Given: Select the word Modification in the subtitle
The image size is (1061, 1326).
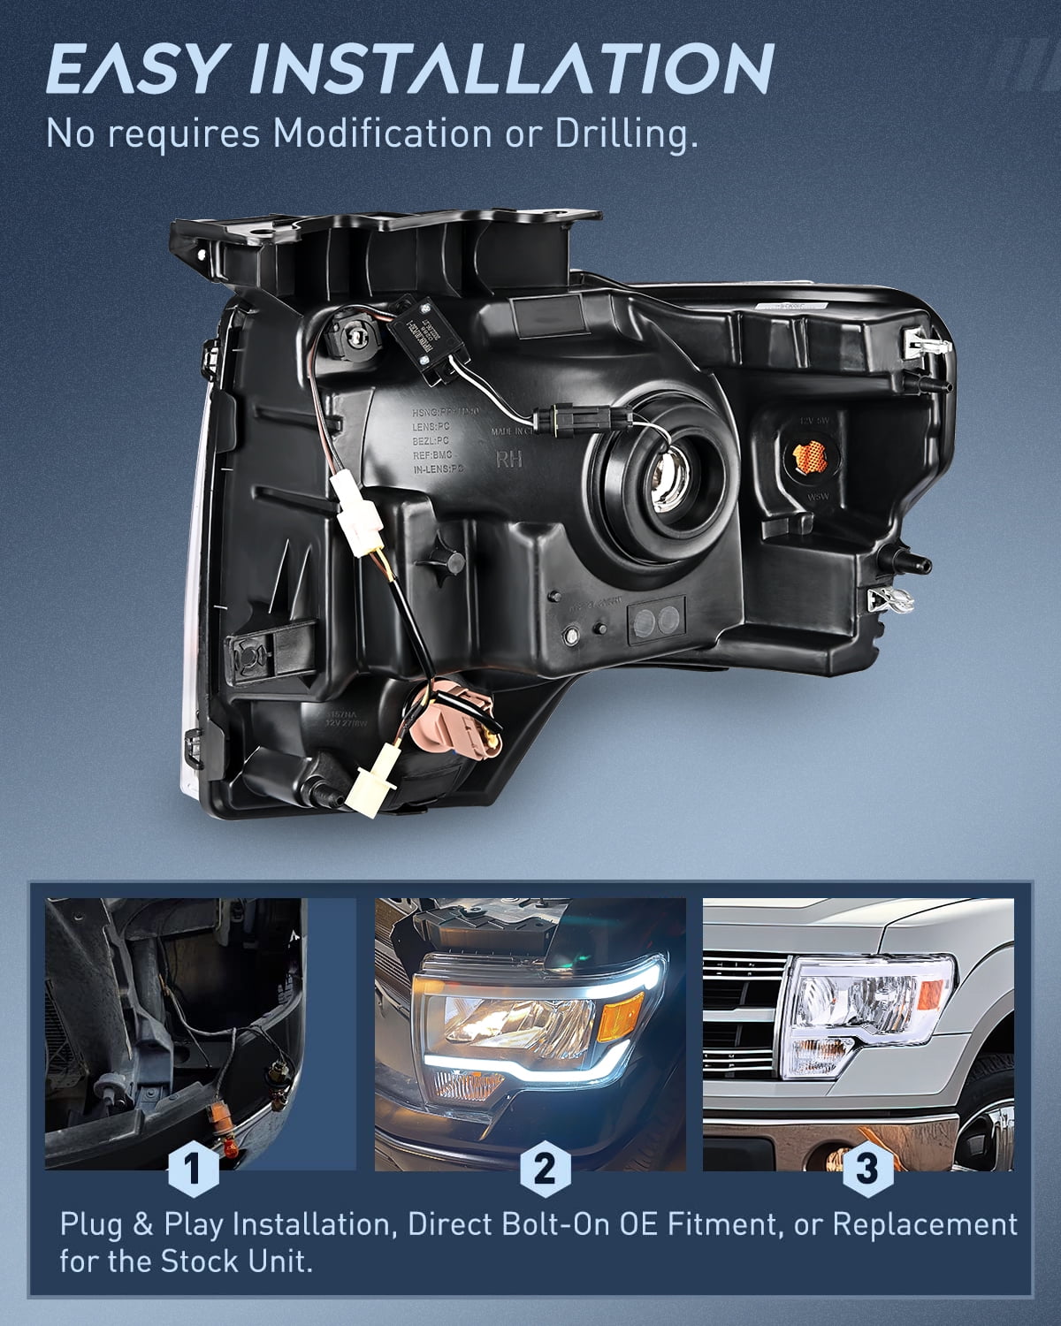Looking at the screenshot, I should pyautogui.click(x=381, y=133).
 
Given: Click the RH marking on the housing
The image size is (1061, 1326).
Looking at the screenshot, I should pyautogui.click(x=509, y=460).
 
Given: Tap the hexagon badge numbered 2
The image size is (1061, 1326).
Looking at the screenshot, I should pyautogui.click(x=546, y=1170).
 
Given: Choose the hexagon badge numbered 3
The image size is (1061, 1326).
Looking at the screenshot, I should pyautogui.click(x=867, y=1170).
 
